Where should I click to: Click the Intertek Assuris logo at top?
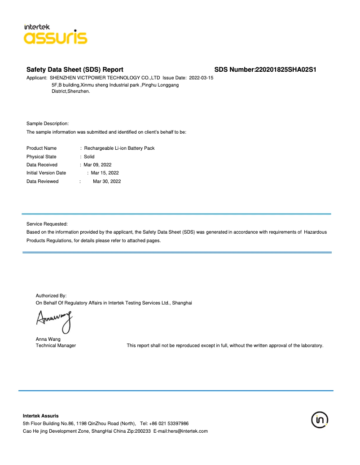pyautogui.click(x=55, y=34)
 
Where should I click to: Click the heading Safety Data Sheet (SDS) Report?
pyautogui.click(x=75, y=70)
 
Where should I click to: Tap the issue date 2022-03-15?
pyautogui.click(x=201, y=78)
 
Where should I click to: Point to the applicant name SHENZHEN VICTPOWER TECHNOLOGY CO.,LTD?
pyautogui.click(x=105, y=78)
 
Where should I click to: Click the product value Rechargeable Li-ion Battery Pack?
pyautogui.click(x=119, y=148)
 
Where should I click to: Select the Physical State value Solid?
pyautogui.click(x=89, y=156)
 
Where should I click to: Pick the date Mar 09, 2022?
pyautogui.click(x=97, y=165)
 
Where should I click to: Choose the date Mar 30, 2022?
pyautogui.click(x=107, y=181)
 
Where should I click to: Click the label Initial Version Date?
pyautogui.click(x=46, y=173)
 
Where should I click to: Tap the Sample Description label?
pyautogui.click(x=48, y=123)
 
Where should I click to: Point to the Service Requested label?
pyautogui.click(x=47, y=223)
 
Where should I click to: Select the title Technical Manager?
pyautogui.click(x=56, y=345)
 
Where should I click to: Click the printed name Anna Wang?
pyautogui.click(x=48, y=339)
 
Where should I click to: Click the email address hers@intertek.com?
pyautogui.click(x=188, y=431)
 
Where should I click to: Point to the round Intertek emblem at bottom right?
pyautogui.click(x=320, y=420)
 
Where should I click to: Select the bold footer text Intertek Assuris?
pyautogui.click(x=40, y=416)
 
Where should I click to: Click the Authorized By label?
pyautogui.click(x=51, y=296)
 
